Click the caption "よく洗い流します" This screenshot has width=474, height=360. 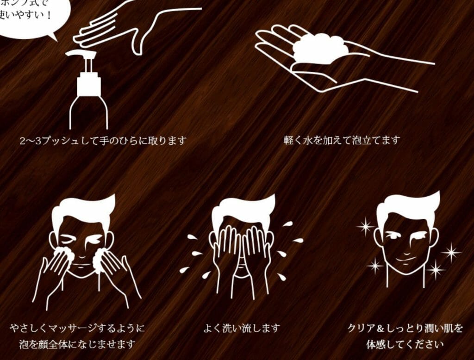[x=242, y=329]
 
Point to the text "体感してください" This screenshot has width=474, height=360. [x=405, y=344]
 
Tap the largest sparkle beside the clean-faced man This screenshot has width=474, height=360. [x=451, y=253]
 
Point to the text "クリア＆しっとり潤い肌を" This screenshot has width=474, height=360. [x=405, y=329]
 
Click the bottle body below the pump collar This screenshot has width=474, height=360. [x=88, y=113]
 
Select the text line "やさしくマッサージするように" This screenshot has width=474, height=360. [x=77, y=329]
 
